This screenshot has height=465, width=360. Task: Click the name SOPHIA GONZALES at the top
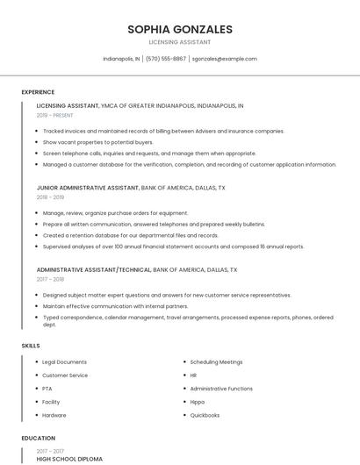click(x=179, y=28)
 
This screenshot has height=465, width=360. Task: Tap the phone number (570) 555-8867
click(x=166, y=59)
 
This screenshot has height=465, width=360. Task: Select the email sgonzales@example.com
click(x=224, y=59)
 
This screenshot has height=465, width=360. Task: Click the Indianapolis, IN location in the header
click(x=121, y=59)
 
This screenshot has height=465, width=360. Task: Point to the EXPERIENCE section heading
click(x=38, y=92)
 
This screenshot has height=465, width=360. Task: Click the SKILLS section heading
click(x=31, y=346)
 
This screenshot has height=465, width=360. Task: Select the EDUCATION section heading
click(x=39, y=438)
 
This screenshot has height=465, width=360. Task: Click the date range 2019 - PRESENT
click(x=54, y=115)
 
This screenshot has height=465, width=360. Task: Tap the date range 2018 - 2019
click(x=50, y=197)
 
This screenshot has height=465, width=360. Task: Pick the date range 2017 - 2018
click(x=50, y=279)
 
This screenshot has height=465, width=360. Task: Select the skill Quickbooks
click(x=205, y=415)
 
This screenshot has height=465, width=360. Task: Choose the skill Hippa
click(x=197, y=402)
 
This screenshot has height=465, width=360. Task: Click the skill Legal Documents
click(x=64, y=362)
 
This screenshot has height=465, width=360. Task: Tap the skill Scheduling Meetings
click(x=216, y=362)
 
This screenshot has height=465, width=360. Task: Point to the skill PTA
click(x=47, y=389)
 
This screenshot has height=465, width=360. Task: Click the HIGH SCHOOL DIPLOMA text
click(x=69, y=459)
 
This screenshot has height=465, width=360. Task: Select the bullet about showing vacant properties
click(x=97, y=142)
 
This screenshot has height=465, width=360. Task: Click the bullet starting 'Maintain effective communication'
click(x=115, y=306)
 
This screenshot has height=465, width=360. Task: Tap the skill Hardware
click(x=54, y=415)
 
